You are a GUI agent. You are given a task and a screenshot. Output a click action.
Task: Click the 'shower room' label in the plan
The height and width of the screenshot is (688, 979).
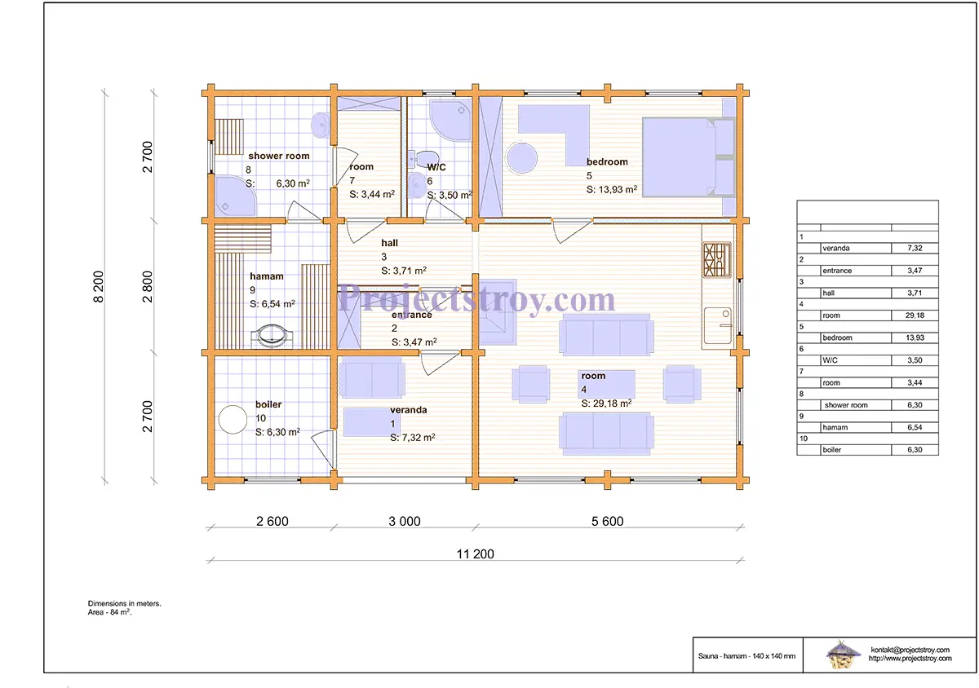pyautogui.click(x=279, y=156)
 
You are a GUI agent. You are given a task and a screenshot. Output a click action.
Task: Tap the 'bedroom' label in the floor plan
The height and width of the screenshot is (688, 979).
pyautogui.click(x=607, y=161)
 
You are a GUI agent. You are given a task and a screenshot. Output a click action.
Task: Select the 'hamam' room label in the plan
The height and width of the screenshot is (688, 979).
pyautogui.click(x=267, y=276)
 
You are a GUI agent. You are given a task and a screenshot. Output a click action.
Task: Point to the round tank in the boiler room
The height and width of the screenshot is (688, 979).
pyautogui.click(x=233, y=419)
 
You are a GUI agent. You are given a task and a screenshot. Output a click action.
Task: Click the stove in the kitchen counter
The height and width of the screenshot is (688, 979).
pyautogui.click(x=717, y=260)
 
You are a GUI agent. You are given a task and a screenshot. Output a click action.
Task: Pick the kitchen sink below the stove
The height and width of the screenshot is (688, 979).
pyautogui.click(x=718, y=325)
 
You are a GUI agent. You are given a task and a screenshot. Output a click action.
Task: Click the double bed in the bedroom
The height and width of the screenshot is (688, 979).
pyautogui.click(x=688, y=157)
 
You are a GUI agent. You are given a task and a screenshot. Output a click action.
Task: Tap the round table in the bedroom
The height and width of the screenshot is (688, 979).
pyautogui.click(x=522, y=157)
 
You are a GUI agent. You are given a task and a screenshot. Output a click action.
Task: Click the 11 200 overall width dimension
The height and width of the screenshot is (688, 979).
pyautogui.click(x=475, y=553)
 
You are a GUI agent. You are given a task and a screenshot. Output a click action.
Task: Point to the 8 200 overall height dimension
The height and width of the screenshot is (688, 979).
pyautogui.click(x=99, y=287)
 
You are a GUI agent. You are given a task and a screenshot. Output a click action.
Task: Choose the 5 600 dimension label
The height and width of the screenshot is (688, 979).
pyautogui.click(x=608, y=521)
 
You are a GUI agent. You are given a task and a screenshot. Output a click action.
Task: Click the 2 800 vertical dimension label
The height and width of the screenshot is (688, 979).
pyautogui.click(x=148, y=287)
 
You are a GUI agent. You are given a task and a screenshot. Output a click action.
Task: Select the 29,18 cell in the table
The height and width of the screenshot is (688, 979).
pyautogui.click(x=915, y=315)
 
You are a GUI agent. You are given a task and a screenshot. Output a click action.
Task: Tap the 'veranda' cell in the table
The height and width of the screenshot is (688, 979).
pyautogui.click(x=836, y=248)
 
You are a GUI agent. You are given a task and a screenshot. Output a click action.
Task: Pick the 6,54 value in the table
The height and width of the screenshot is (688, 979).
pyautogui.click(x=915, y=427)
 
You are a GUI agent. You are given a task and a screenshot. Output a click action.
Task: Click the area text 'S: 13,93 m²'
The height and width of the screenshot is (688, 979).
pyautogui.click(x=611, y=190)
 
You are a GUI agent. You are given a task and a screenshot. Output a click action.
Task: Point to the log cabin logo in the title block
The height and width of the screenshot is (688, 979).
pyautogui.click(x=842, y=655)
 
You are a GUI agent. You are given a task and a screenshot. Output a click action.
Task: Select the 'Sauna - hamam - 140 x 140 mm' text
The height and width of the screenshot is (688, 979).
pyautogui.click(x=747, y=656)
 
